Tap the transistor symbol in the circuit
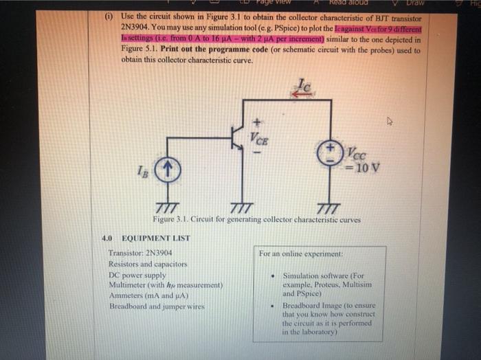238,137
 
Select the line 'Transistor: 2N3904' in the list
140,253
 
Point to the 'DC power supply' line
137,274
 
